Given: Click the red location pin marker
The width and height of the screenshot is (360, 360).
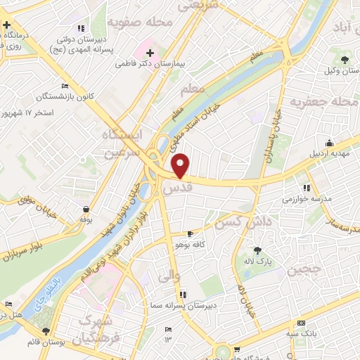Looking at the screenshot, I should [181, 165].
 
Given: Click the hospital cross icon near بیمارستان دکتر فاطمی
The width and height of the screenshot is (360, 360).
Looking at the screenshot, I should [150, 52].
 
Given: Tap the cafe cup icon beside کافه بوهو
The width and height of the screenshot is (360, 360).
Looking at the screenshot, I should [190, 233].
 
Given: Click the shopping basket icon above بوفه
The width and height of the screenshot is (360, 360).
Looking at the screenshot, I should [86, 209].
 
